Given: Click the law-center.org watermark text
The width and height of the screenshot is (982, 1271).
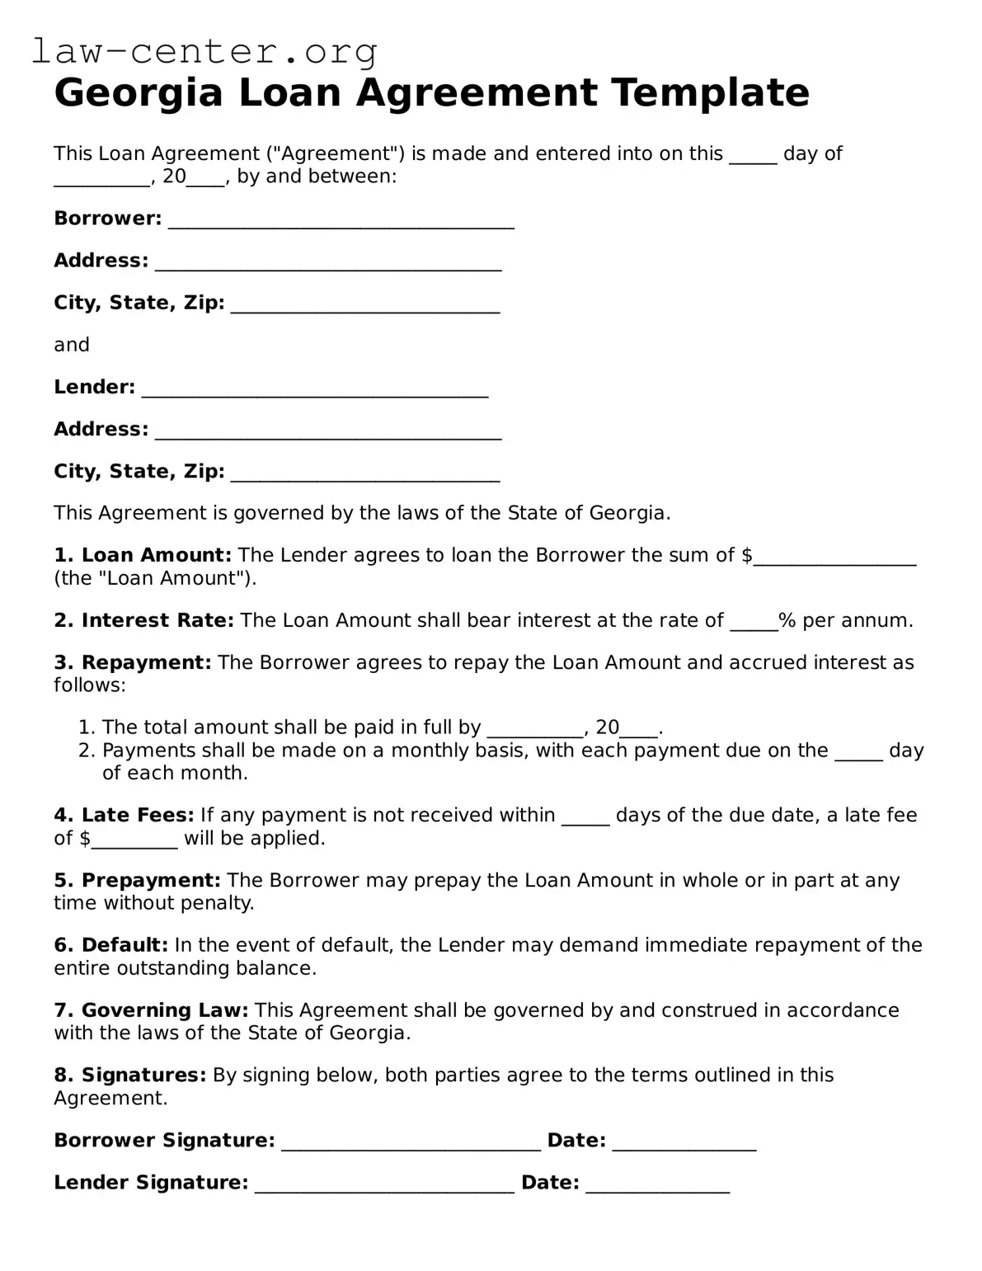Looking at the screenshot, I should coord(204,51).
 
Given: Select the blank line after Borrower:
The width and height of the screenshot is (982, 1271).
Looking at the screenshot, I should coord(341,221).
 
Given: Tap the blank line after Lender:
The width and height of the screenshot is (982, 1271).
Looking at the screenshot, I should coord(315,389).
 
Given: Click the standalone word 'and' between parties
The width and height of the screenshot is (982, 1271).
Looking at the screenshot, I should coord(72,345).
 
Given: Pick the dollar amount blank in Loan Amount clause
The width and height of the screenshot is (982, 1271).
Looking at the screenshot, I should coord(834,558).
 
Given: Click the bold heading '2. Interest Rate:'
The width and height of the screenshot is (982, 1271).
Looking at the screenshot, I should coord(144,620).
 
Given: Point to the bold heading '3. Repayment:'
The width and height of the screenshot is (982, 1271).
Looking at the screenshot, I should coord(133,662).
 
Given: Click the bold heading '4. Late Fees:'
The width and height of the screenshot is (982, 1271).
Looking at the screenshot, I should coord(124,815).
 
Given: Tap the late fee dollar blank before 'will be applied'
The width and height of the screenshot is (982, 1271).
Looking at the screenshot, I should coord(134,840).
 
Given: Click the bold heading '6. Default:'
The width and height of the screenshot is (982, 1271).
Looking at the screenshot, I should coord(111,944).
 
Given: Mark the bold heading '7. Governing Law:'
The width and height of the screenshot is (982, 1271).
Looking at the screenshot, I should coord(151,1010).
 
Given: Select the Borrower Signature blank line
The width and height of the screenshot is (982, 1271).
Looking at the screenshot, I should coord(411,1143).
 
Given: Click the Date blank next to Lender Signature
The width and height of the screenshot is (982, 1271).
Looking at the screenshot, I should coord(657,1185).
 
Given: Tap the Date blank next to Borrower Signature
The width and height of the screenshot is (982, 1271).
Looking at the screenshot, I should coord(684,1143).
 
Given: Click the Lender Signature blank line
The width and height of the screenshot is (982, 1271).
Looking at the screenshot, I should coord(384,1185).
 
